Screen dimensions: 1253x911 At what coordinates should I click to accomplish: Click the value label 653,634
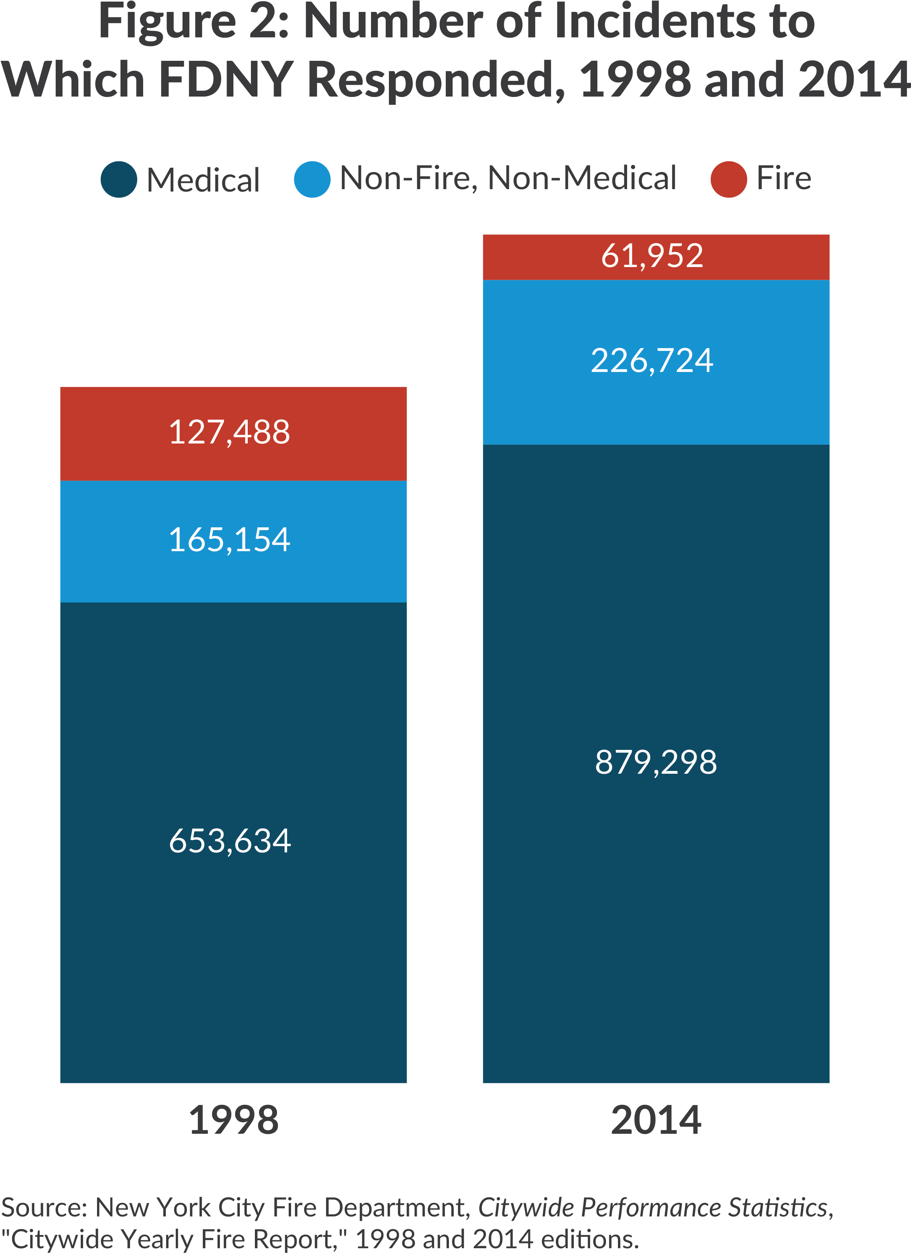pos(229,841)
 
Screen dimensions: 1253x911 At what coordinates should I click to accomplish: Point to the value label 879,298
pos(656,762)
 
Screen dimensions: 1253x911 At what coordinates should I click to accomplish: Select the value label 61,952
pos(652,256)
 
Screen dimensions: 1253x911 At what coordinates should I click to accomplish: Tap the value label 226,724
pos(652,361)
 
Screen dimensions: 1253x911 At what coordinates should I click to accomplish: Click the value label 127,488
pos(229,432)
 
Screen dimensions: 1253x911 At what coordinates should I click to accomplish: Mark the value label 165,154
pos(229,540)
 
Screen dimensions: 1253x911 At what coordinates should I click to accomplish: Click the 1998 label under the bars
pos(233,1120)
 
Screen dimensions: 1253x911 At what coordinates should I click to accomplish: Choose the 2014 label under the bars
pos(656,1120)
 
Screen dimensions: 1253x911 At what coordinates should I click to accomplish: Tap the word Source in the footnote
pos(44,1208)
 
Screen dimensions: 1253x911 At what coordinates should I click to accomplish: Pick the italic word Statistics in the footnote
pos(779,1208)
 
